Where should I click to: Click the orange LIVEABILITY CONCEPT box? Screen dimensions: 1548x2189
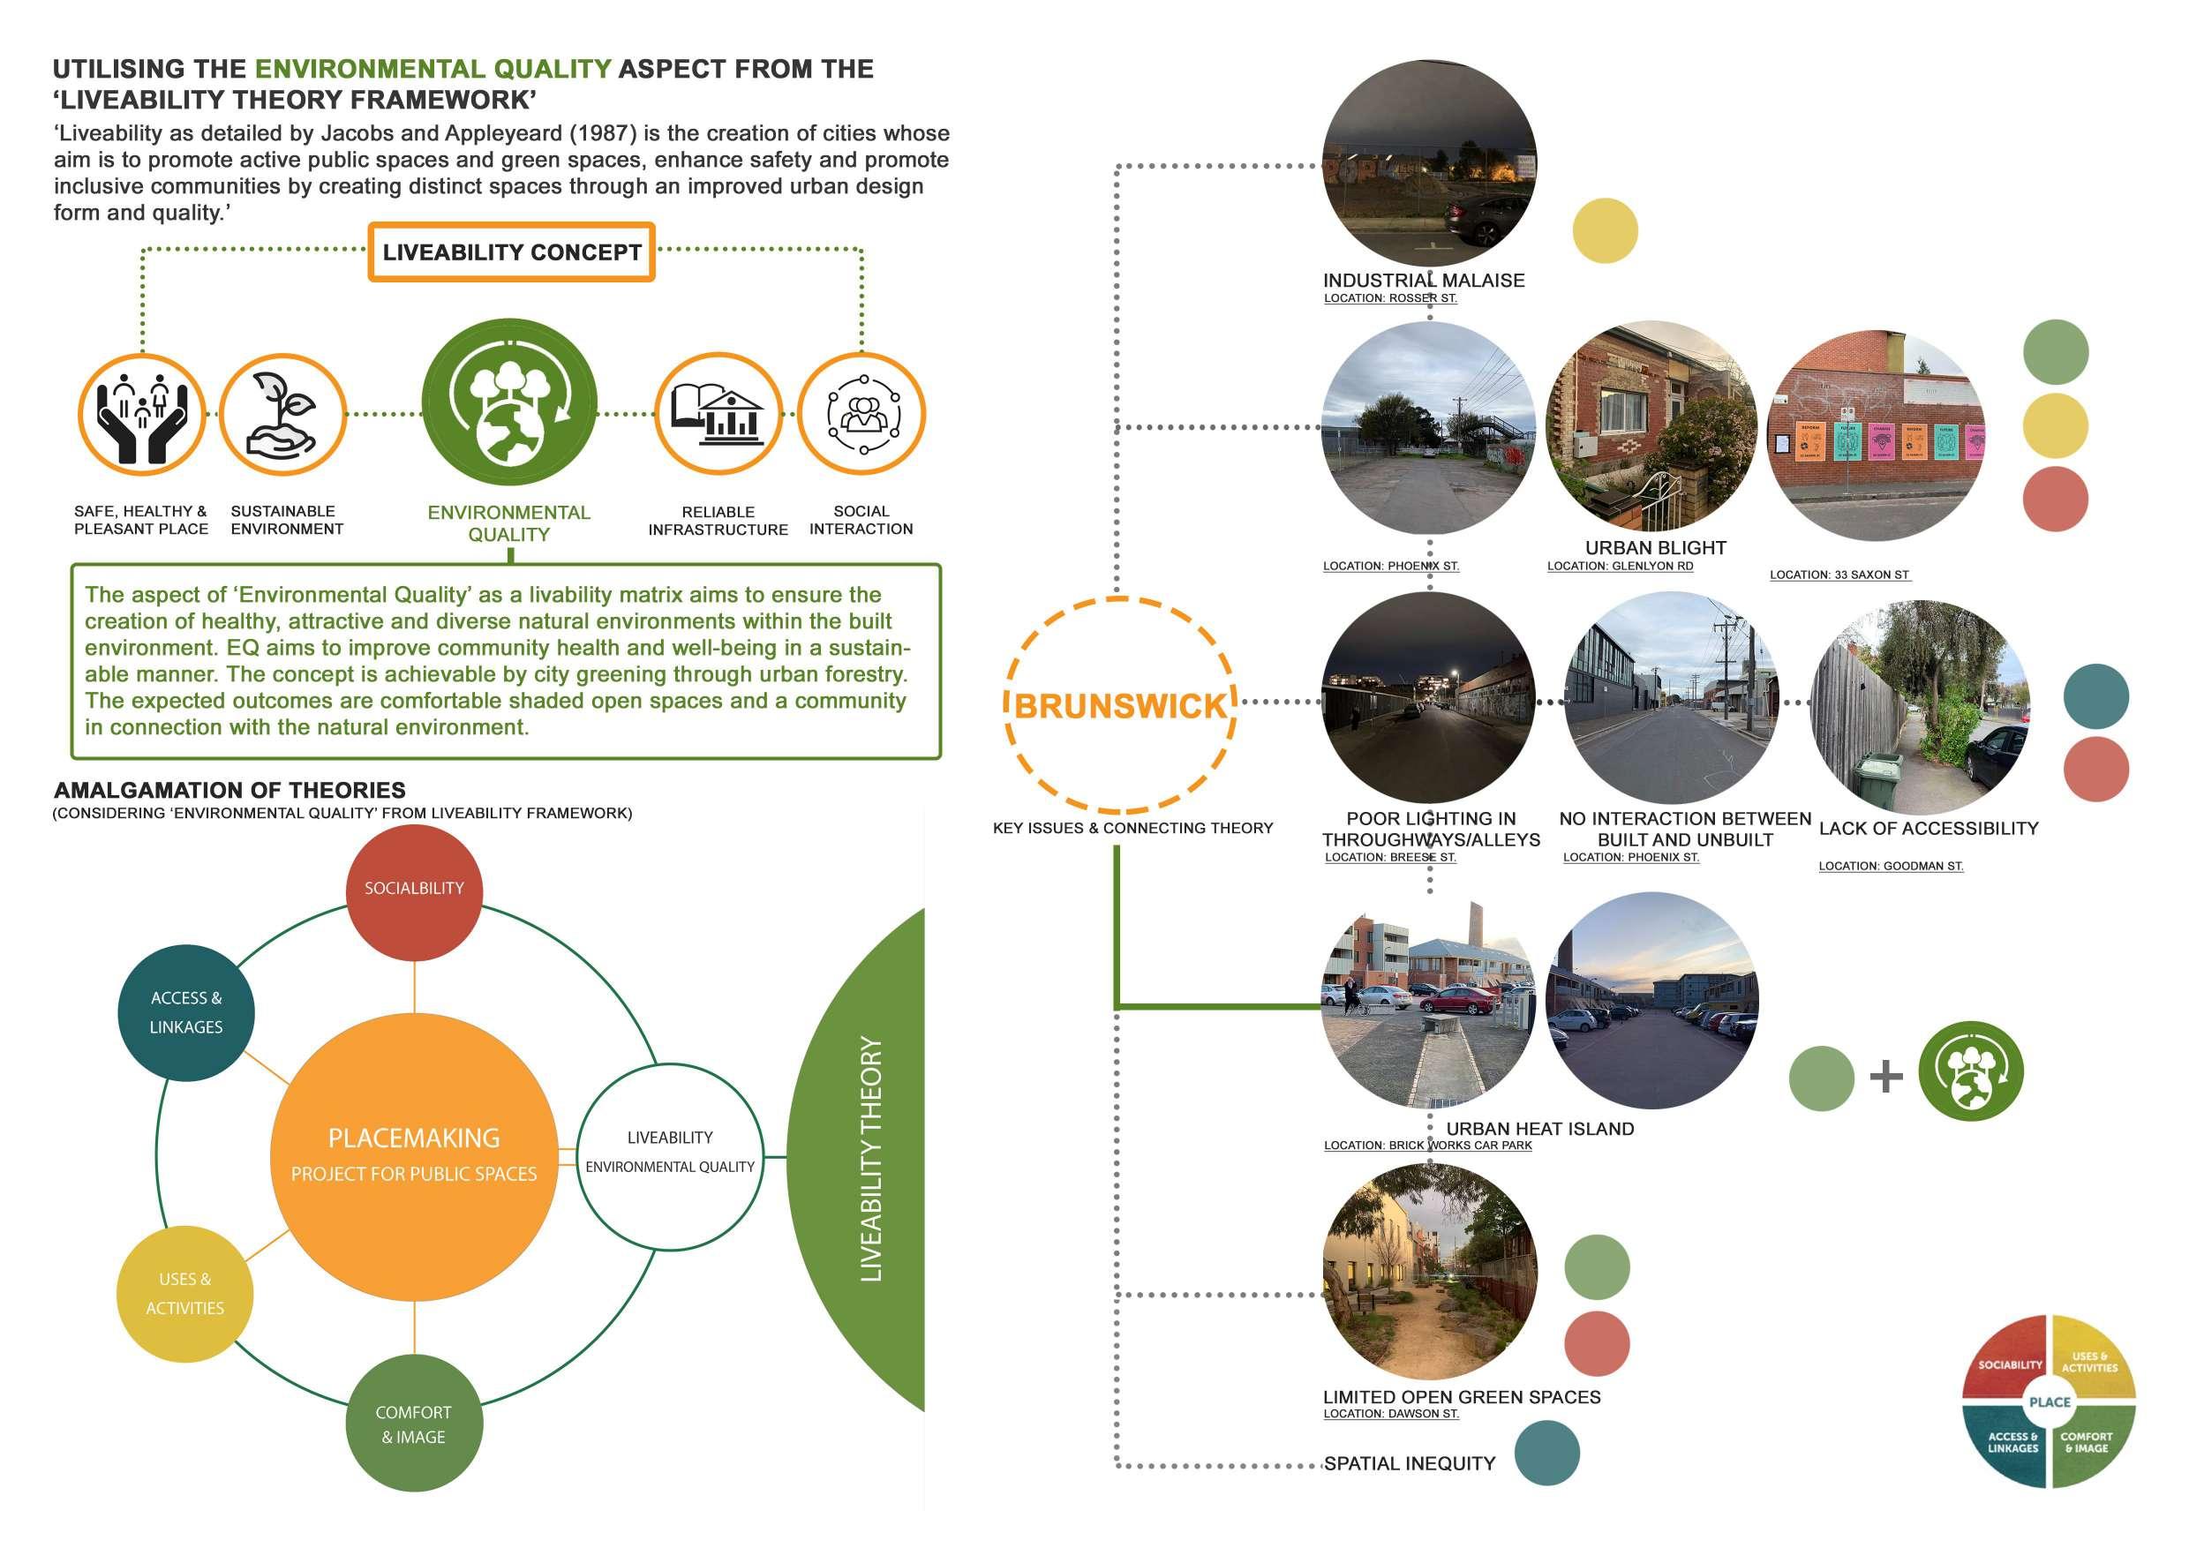511,252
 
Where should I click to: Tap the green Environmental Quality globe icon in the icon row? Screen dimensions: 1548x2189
509,406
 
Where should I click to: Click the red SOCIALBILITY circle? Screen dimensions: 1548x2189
414,889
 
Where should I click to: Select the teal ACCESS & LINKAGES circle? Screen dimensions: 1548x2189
186,1012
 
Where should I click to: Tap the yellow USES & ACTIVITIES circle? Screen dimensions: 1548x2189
185,1294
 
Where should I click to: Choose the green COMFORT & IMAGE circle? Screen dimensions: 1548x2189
414,1424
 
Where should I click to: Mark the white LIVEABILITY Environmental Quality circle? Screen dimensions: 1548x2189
670,1156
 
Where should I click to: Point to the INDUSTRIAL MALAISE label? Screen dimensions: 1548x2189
1424,281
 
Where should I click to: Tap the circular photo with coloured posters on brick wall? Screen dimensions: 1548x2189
1875,437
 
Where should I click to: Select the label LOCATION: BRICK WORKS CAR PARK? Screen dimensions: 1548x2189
1427,1145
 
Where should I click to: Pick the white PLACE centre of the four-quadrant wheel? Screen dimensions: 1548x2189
2049,1402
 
